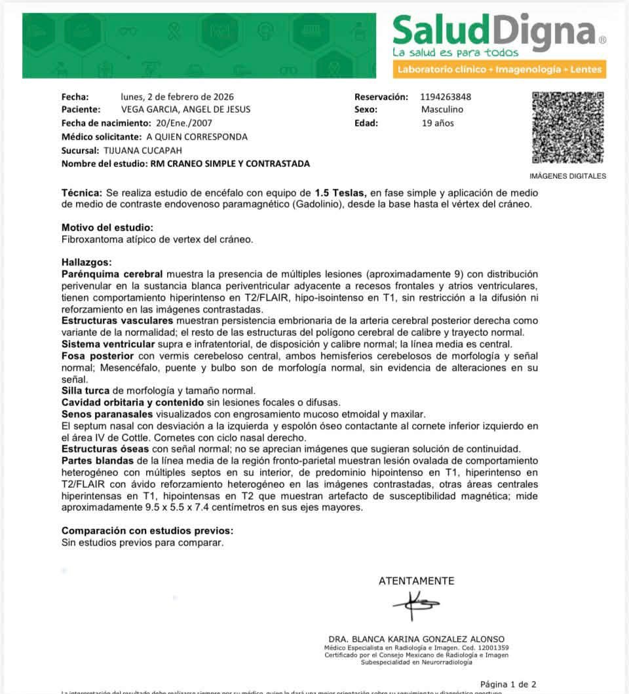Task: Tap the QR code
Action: [x=567, y=128]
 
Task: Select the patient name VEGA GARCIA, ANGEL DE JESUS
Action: [x=185, y=109]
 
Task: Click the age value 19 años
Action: [x=438, y=122]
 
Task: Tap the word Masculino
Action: [x=442, y=109]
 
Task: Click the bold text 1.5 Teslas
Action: [x=340, y=194]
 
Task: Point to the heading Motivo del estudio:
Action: [x=107, y=228]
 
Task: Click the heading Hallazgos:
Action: [x=87, y=262]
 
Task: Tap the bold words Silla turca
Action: [x=86, y=391]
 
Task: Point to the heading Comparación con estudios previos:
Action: [x=147, y=530]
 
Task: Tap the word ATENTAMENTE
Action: [x=416, y=581]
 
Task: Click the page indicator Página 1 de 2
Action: [x=508, y=684]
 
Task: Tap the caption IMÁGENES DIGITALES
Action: [x=567, y=175]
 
